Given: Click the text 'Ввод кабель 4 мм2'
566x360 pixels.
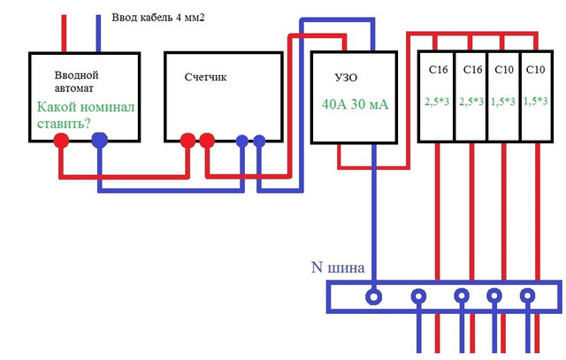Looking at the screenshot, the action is (x=158, y=18).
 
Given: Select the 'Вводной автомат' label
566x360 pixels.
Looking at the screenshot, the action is (x=76, y=81).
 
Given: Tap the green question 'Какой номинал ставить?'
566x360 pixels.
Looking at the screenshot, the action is (x=86, y=115).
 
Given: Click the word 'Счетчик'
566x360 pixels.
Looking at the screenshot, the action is (x=205, y=77).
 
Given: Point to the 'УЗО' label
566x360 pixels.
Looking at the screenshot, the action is (x=346, y=78).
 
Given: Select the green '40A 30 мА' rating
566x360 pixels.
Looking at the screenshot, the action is (x=355, y=104).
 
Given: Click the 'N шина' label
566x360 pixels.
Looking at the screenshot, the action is (x=338, y=267).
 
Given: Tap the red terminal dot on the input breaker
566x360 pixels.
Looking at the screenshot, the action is (x=61, y=141).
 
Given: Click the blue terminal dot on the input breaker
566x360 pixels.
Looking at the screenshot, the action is (x=100, y=140).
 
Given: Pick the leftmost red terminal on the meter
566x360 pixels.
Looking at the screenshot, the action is (x=187, y=141).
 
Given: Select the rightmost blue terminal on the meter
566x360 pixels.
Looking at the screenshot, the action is (x=259, y=141).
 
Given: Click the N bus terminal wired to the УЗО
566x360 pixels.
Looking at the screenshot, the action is (x=373, y=297).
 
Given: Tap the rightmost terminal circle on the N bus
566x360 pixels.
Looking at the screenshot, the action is (x=527, y=295).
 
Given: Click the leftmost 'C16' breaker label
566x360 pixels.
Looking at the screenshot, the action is (x=439, y=69).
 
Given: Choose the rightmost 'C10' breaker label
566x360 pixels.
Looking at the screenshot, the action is (x=535, y=69).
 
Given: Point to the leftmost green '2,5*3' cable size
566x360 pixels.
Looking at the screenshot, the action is (x=437, y=102).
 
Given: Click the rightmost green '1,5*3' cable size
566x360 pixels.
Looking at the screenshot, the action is (x=536, y=101).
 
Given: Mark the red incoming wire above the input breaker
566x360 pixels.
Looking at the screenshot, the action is (x=64, y=34).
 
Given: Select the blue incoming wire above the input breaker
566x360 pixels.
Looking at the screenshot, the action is (x=98, y=34).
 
